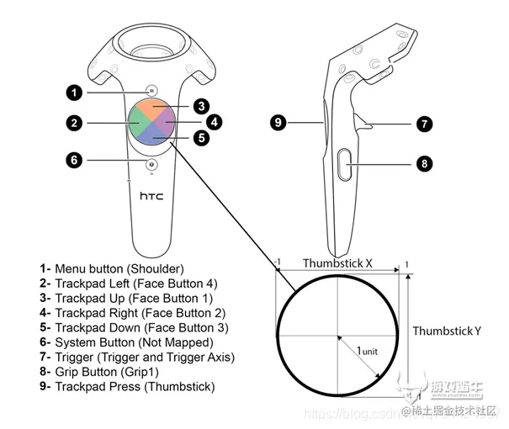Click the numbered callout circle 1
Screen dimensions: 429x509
(76, 92)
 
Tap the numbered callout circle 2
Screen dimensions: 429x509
(76, 123)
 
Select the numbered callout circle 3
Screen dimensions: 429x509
(200, 106)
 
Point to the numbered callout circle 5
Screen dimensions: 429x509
(201, 137)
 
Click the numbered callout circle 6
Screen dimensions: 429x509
(76, 159)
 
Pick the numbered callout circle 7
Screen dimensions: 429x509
(424, 124)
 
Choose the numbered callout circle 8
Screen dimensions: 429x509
(424, 163)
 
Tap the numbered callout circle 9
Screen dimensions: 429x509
(278, 123)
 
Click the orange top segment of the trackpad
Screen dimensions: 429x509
(152, 110)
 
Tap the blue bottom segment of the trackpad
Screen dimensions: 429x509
(152, 136)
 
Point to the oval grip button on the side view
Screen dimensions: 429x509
(346, 162)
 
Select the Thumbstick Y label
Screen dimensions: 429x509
(446, 331)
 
